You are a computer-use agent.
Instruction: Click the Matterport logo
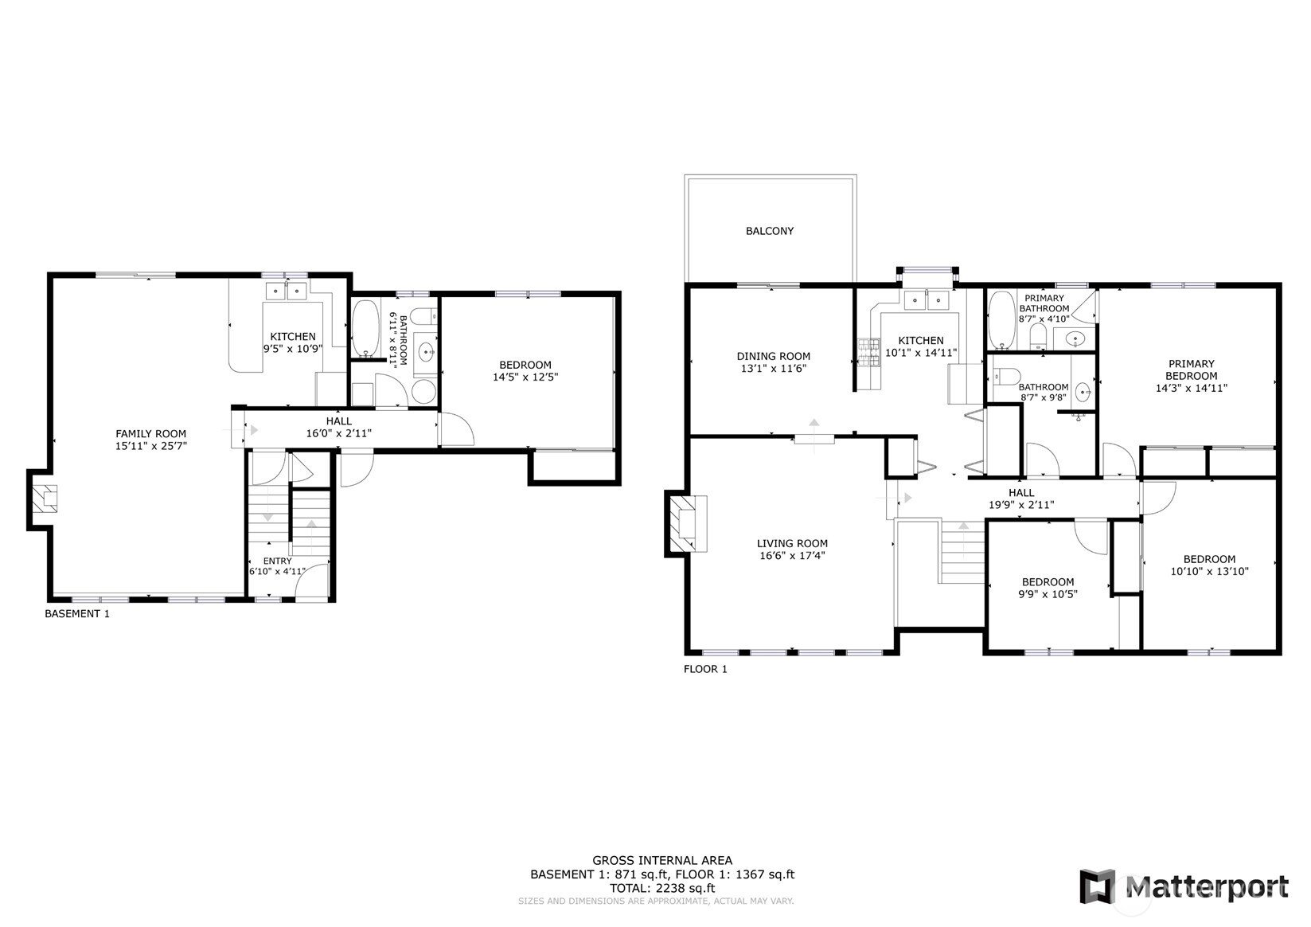click(x=1183, y=886)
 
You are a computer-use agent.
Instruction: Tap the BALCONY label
click(x=769, y=231)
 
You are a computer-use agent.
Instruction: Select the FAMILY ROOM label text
click(x=150, y=434)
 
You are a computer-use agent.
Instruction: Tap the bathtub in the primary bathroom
click(x=1001, y=320)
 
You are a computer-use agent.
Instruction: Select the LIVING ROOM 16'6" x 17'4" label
click(x=791, y=550)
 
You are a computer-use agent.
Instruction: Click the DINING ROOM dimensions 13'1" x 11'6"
click(x=772, y=369)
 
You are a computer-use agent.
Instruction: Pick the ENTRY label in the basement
click(x=277, y=561)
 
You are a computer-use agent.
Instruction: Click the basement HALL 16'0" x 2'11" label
click(x=338, y=428)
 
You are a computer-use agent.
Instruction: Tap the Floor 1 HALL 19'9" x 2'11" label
click(x=1020, y=499)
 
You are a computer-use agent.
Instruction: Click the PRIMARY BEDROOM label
click(x=1191, y=376)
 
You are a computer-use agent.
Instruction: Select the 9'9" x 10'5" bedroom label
click(x=1048, y=588)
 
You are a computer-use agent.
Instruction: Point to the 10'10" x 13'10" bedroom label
click(x=1208, y=565)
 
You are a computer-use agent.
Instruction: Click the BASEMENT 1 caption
click(x=76, y=614)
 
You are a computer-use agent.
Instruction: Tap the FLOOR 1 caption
click(x=705, y=669)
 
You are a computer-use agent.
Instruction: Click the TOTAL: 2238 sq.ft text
click(x=661, y=888)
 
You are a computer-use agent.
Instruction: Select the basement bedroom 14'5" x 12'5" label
click(x=525, y=371)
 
